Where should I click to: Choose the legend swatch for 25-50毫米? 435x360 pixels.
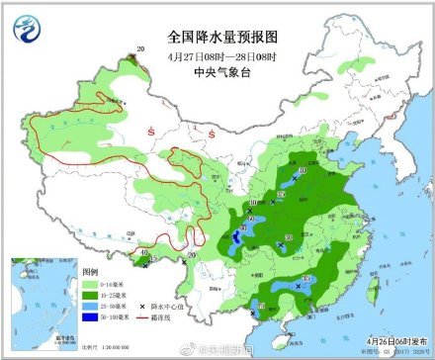pyautogui.click(x=90, y=306)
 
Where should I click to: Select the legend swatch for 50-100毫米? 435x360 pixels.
pyautogui.click(x=90, y=318)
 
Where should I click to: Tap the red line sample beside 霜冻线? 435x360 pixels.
pyautogui.click(x=142, y=317)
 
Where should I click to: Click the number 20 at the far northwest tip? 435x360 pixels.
pyautogui.click(x=140, y=48)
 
